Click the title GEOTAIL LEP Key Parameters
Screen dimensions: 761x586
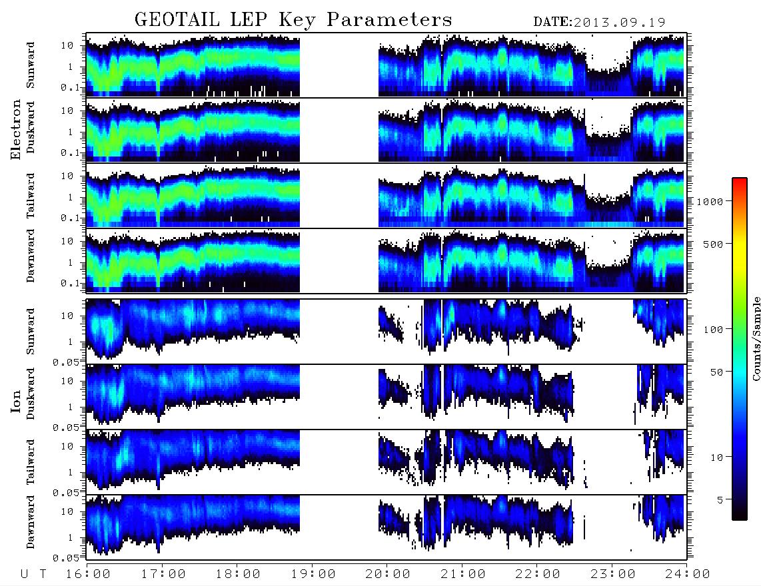293,20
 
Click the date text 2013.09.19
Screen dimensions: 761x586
619,23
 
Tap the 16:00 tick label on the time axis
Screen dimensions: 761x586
89,575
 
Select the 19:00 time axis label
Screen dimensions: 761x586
313,575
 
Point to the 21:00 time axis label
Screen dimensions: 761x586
463,575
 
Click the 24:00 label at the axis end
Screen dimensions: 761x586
688,575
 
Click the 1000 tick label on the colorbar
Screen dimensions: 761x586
710,202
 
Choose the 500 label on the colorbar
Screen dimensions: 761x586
713,244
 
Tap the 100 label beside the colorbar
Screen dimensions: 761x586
713,330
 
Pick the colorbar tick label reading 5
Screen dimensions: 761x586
720,499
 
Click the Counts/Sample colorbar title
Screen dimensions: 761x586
756,339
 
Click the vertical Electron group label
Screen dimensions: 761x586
16,130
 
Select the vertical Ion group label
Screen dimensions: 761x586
16,402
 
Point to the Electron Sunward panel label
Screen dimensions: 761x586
31,65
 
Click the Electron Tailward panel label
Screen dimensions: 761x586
31,196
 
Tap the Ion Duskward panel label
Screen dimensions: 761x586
31,394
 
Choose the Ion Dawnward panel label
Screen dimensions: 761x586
31,521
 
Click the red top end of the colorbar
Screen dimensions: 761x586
739,180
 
